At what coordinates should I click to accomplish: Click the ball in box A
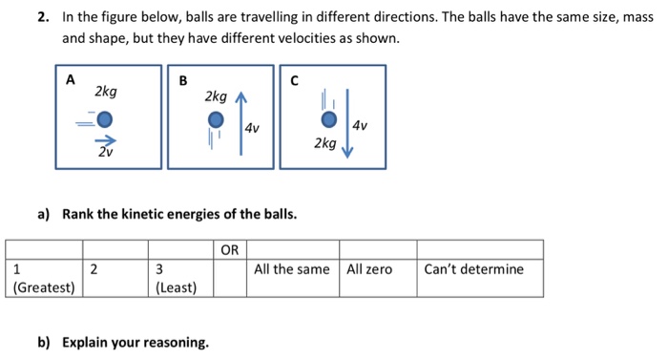click(x=106, y=120)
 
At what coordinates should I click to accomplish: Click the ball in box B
click(x=217, y=120)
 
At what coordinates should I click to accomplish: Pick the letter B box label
click(x=183, y=79)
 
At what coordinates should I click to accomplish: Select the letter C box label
click(x=294, y=80)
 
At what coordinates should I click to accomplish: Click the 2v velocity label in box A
click(x=105, y=153)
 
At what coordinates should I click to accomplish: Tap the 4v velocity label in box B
click(x=253, y=128)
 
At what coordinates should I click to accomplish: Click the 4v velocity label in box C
click(x=361, y=125)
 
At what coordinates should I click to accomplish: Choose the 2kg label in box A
click(x=106, y=92)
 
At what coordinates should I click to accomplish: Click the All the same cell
click(x=291, y=269)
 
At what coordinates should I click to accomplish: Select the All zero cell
click(x=369, y=269)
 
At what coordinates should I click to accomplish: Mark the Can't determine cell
click(x=474, y=269)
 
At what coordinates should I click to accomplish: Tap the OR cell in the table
click(x=230, y=250)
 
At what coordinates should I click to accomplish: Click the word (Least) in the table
click(x=176, y=287)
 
